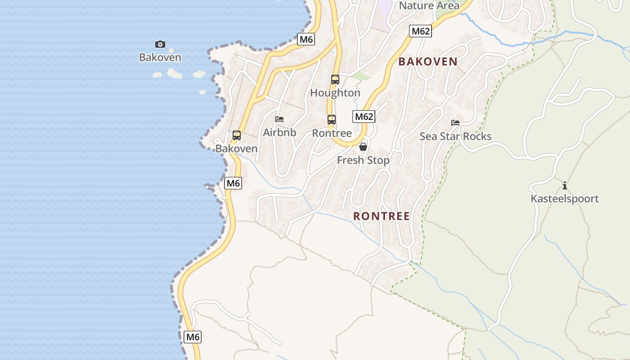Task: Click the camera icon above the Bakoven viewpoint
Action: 160,44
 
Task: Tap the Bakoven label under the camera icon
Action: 160,57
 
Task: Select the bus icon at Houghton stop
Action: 335,80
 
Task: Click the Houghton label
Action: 335,93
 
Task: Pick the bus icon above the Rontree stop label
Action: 332,120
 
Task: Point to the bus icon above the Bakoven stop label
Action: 237,135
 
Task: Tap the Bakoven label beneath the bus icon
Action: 237,148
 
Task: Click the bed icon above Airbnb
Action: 279,119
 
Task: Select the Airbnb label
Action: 279,132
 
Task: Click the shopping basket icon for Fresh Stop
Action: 363,147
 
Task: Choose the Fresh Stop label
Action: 363,160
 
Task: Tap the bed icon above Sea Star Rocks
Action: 455,123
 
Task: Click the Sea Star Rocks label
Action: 455,136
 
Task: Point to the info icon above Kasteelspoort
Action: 565,185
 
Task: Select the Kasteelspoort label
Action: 565,198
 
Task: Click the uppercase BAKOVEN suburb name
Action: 428,62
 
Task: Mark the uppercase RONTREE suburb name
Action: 382,216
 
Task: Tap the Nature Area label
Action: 429,5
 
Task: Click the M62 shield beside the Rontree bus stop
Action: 364,117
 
